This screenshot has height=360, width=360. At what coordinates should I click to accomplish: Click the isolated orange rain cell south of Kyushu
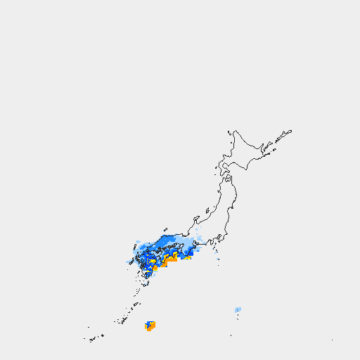point(150,325)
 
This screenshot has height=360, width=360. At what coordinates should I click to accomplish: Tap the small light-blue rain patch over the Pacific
point(238,309)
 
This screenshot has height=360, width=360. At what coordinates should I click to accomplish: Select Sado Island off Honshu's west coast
point(207,210)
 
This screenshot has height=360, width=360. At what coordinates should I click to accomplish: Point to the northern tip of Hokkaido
point(235,130)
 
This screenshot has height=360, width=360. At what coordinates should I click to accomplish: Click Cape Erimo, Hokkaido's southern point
point(248,169)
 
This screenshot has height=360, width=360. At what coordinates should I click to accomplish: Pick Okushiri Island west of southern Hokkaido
point(217,166)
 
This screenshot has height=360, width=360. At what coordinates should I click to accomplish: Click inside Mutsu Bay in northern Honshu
point(229,181)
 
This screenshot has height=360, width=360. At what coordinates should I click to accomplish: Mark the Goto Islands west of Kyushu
point(128,262)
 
